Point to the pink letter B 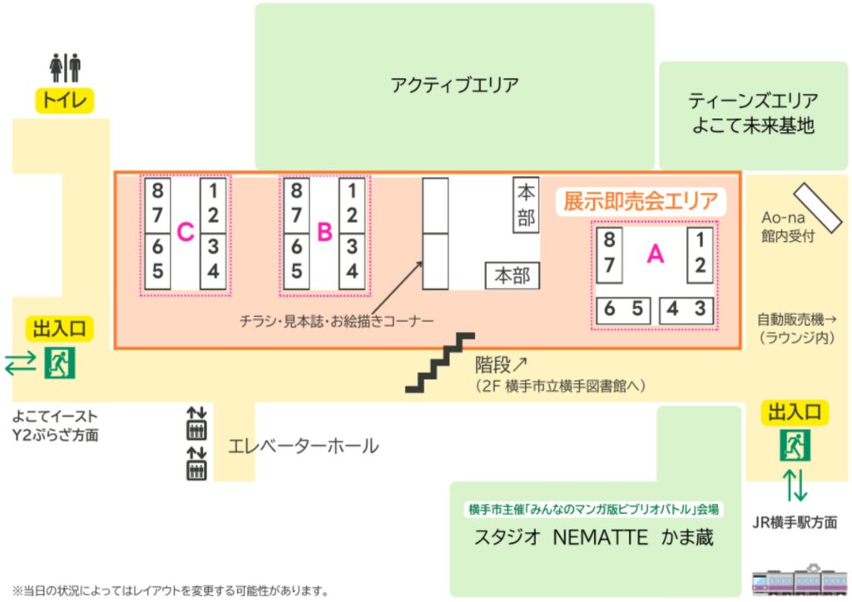[324, 234]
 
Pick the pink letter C [186, 234]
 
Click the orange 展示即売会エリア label [640, 201]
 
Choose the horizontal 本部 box [513, 275]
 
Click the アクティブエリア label [454, 85]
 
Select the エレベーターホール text [303, 447]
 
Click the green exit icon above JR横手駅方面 [795, 447]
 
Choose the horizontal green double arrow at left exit [21, 363]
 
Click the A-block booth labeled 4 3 [687, 309]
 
